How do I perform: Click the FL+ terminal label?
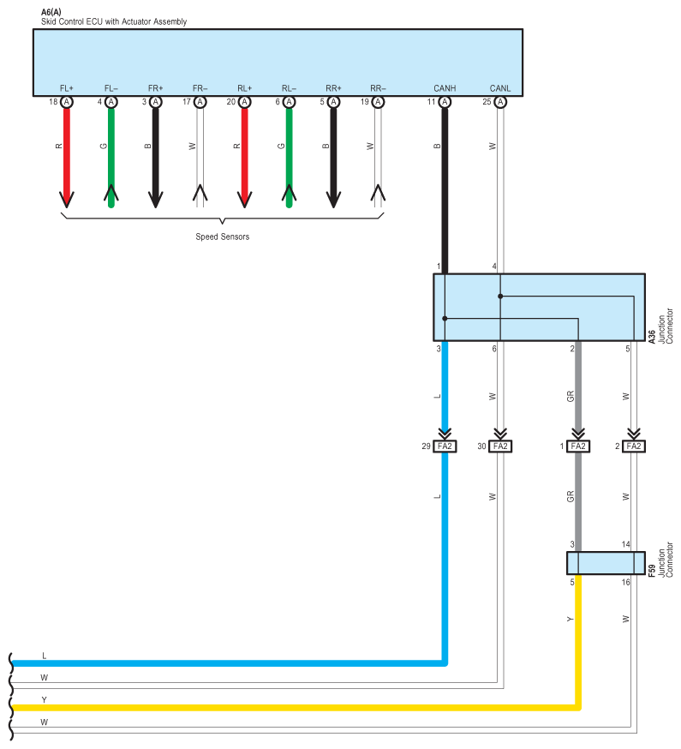tap(66, 88)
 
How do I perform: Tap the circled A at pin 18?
tap(67, 102)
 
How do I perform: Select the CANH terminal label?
tap(445, 88)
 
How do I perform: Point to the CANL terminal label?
tap(500, 88)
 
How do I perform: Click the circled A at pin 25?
tap(500, 102)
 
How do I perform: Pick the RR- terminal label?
tap(378, 88)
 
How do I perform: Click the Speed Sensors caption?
tap(223, 237)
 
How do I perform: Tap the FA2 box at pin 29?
tap(445, 446)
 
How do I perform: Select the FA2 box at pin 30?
tap(500, 446)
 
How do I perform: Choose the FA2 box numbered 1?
tap(578, 446)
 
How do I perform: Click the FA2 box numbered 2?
tap(634, 446)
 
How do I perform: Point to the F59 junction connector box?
tap(606, 563)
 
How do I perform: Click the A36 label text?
tap(652, 336)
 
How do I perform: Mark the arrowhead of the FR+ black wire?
tap(155, 199)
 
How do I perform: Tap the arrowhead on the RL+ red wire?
tap(244, 199)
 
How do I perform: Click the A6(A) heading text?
tap(51, 12)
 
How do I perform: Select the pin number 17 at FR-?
tap(187, 102)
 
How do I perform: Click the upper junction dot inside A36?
tap(500, 297)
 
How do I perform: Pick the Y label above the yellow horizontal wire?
tap(44, 700)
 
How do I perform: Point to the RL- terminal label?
tap(289, 88)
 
